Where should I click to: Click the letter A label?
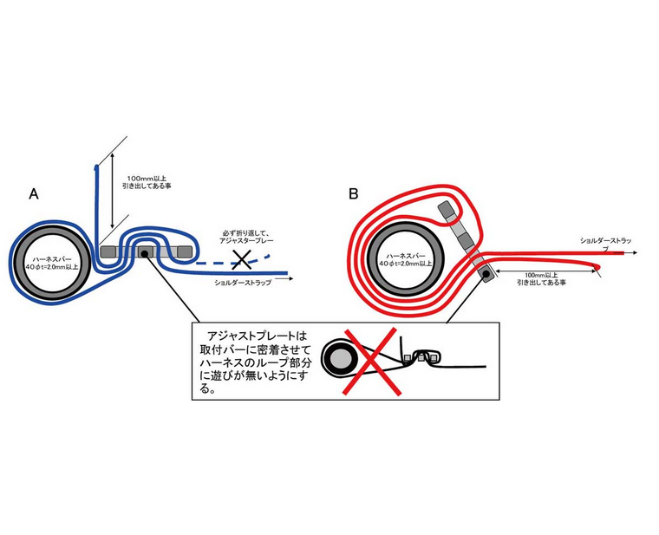[x=34, y=193]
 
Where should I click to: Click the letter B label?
[x=354, y=192]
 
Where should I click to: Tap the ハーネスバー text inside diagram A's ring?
[x=51, y=257]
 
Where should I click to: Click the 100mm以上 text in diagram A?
[x=149, y=177]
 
